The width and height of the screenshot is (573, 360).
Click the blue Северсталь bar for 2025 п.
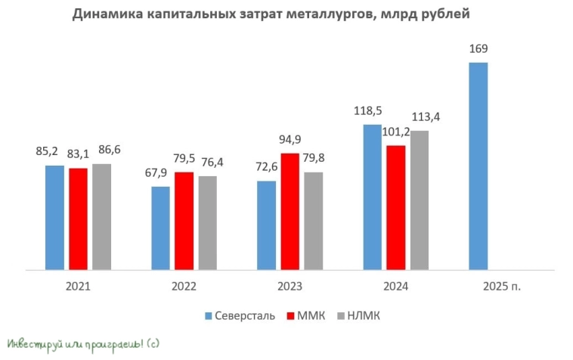click(479, 166)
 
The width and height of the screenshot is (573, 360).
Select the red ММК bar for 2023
click(290, 211)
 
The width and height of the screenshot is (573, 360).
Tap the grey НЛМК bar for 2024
click(420, 200)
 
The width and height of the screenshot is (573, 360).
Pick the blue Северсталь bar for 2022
click(160, 228)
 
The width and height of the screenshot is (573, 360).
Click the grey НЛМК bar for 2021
click(101, 216)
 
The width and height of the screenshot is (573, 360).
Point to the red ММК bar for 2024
click(396, 207)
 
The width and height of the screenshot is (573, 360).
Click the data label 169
click(478, 49)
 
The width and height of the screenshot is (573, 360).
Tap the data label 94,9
click(290, 140)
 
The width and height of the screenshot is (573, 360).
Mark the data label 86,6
click(102, 151)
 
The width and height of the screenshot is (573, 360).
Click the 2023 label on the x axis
click(290, 287)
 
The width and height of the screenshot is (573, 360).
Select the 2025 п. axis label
click(502, 287)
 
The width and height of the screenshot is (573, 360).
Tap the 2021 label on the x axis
click(78, 287)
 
